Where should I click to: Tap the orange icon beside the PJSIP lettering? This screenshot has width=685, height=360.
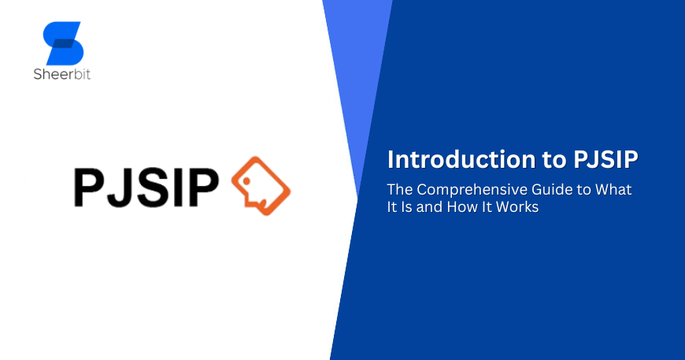[260, 187]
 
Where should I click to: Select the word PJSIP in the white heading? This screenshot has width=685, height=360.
[603, 159]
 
